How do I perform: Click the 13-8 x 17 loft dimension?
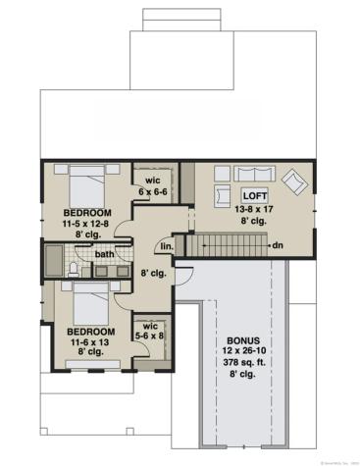pyautogui.click(x=256, y=208)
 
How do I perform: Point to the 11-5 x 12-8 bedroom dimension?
pyautogui.click(x=87, y=224)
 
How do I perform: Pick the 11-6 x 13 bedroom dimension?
pyautogui.click(x=88, y=342)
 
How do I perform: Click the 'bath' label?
pyautogui.click(x=103, y=255)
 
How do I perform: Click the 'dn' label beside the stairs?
pyautogui.click(x=279, y=244)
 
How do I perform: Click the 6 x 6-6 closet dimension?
pyautogui.click(x=153, y=190)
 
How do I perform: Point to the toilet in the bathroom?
pyautogui.click(x=76, y=267)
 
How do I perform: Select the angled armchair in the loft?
pyautogui.click(x=293, y=181)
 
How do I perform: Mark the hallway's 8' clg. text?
pyautogui.click(x=151, y=274)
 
